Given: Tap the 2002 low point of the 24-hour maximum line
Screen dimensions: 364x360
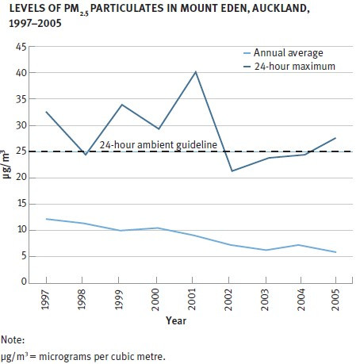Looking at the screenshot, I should coord(232,171).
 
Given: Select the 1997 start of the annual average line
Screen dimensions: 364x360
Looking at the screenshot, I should coord(47,219).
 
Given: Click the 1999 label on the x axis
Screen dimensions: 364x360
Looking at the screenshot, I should coord(121,301).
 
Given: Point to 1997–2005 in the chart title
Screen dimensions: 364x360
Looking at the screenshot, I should coord(29,25).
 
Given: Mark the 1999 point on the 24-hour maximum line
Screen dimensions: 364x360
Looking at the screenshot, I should coord(121,105).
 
